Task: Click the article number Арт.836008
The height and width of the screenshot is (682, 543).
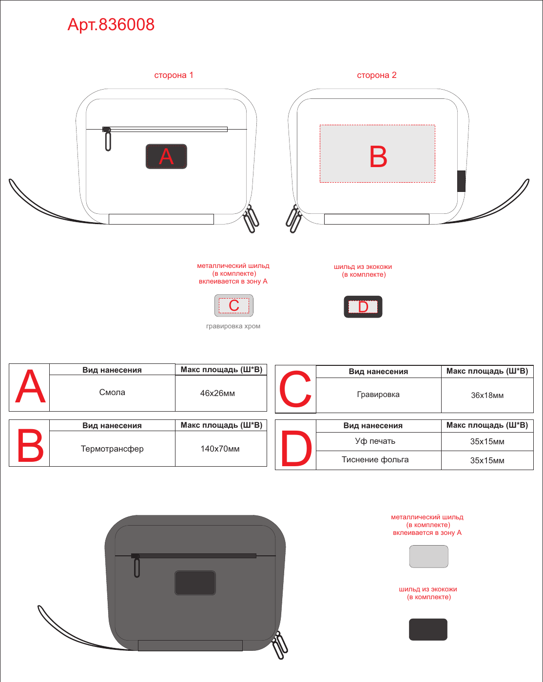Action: pos(111,24)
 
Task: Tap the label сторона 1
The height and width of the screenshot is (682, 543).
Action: pos(174,75)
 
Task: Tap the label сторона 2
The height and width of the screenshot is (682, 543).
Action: pos(377,75)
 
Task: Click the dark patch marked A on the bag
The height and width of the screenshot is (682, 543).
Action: pos(166,156)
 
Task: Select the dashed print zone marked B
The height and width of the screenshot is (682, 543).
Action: pos(377,154)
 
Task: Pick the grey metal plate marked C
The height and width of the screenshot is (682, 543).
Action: pos(234,305)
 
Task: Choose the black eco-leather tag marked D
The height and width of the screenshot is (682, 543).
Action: pos(363,307)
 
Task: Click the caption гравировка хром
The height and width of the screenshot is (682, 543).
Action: pos(233,326)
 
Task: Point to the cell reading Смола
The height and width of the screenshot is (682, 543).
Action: pos(112,392)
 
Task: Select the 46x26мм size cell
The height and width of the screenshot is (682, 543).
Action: pos(221,393)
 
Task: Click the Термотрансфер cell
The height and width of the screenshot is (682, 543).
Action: pos(112,449)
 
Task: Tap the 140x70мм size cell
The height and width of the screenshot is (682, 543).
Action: pos(221,449)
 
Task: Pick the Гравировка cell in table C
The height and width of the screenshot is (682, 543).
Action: pos(378,395)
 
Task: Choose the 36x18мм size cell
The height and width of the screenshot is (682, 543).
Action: pos(487,395)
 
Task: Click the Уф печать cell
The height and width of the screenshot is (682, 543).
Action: pos(378,441)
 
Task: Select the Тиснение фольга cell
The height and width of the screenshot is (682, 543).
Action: pos(378,460)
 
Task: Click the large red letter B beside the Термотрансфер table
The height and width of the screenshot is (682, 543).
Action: pos(30,445)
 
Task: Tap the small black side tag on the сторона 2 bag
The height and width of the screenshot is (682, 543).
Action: pos(461,181)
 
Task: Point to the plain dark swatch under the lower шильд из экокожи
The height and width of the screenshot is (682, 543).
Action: pos(428,629)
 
